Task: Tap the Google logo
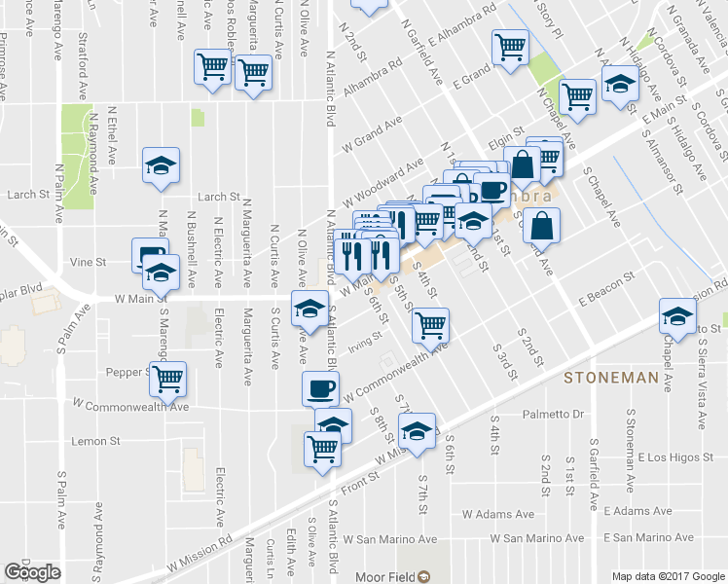(x=32, y=572)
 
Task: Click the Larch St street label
(x=219, y=197)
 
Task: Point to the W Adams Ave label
(x=498, y=513)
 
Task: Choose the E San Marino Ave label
(x=649, y=537)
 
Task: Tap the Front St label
(x=359, y=480)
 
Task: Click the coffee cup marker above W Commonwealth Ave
(x=319, y=388)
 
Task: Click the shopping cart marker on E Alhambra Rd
(x=511, y=46)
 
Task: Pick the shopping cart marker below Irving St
(x=430, y=324)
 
